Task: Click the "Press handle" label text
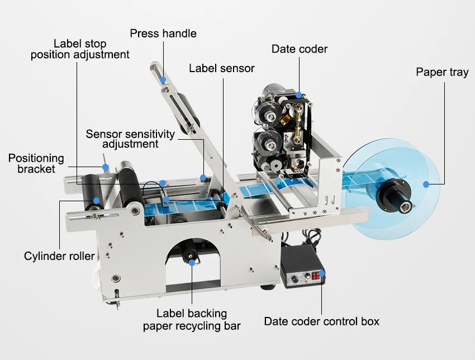click(x=163, y=34)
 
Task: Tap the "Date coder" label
click(x=300, y=49)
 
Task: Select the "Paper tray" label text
click(x=442, y=73)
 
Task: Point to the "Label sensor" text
click(x=221, y=69)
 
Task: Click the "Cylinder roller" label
click(x=59, y=257)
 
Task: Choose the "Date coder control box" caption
click(x=321, y=321)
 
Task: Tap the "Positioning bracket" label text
click(x=36, y=163)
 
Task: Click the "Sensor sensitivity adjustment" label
click(x=130, y=139)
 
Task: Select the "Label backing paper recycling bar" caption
click(x=192, y=319)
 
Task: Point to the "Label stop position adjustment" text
click(x=80, y=49)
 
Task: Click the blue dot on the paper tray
click(x=426, y=184)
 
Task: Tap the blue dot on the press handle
click(x=163, y=80)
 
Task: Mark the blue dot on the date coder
click(x=299, y=95)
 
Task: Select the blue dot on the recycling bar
click(x=192, y=261)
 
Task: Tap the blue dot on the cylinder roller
click(x=97, y=200)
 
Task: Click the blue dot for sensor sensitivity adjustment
click(x=204, y=178)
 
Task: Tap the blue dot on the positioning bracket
click(x=104, y=166)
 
